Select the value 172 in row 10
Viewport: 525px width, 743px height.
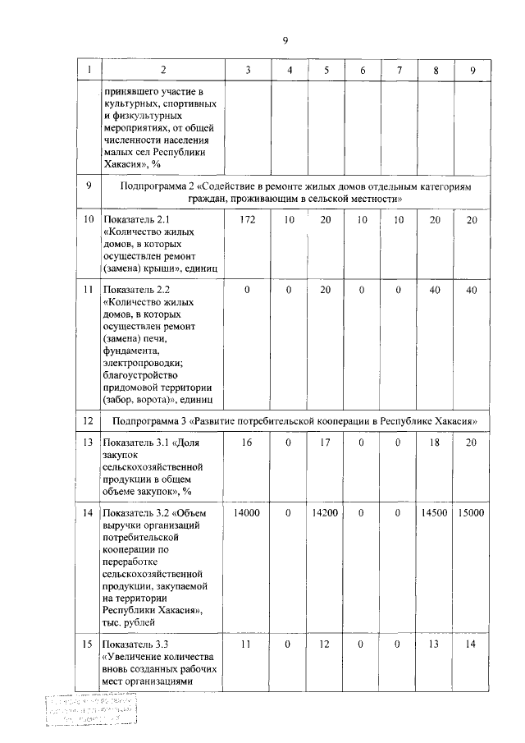248,220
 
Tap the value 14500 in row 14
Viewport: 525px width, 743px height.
435,513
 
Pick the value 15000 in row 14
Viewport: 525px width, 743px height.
472,513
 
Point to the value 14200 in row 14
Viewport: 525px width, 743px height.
326,513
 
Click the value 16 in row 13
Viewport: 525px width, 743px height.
248,443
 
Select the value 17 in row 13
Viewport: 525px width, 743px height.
326,443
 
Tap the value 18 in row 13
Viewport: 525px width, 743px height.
435,443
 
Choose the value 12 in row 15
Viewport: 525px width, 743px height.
326,644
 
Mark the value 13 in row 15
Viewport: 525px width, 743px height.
435,644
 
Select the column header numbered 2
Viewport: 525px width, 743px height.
162,71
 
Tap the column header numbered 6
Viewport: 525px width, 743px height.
362,71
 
